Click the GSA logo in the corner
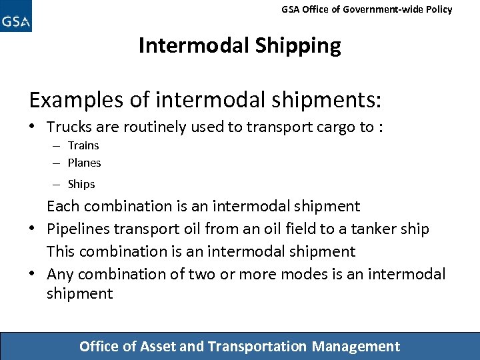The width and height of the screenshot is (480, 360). coord(16,17)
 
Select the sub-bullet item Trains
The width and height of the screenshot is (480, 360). coord(83,145)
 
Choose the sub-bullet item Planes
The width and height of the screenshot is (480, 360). coord(85,163)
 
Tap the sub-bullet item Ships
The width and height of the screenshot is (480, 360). coord(81,184)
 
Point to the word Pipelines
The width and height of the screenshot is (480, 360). coord(77,229)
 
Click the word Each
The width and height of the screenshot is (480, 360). coord(62,207)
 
